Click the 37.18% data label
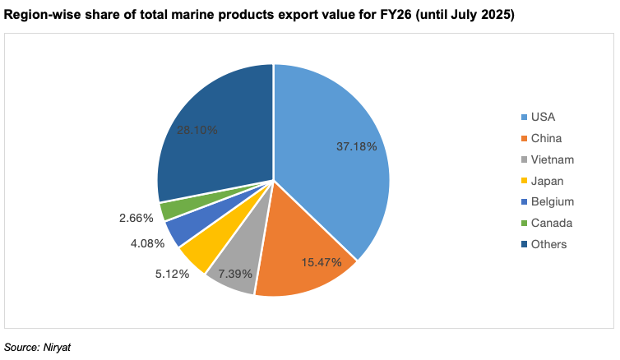click(x=357, y=146)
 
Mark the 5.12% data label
click(x=172, y=274)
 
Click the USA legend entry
click(x=544, y=117)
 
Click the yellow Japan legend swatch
click(x=524, y=181)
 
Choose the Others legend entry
click(x=549, y=244)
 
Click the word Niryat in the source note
click(x=59, y=348)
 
